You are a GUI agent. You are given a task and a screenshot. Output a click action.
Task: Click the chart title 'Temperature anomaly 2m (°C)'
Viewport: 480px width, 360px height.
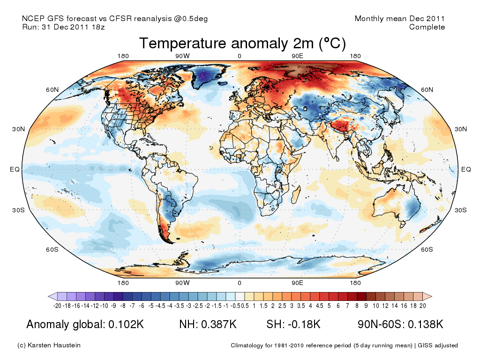point(242,44)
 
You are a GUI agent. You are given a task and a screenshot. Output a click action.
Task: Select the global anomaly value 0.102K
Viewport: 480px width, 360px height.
point(126,324)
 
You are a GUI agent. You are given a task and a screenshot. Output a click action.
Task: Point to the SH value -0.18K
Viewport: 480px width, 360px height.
point(305,324)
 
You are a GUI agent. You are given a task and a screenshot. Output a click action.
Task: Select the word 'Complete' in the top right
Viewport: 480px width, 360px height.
point(427,27)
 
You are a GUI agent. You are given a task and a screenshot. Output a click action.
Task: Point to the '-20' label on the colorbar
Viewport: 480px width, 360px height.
point(58,306)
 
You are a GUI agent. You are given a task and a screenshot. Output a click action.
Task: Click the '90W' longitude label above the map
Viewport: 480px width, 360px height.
point(182,57)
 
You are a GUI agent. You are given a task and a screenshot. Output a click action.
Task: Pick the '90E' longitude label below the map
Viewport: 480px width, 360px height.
point(298,283)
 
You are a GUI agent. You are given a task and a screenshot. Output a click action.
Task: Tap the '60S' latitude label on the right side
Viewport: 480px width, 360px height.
point(427,249)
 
